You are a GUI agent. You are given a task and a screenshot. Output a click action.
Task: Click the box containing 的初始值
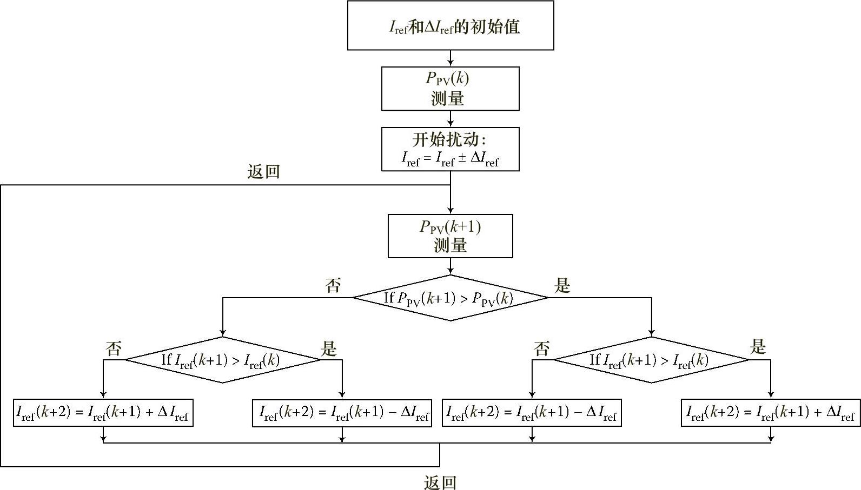pyautogui.click(x=451, y=26)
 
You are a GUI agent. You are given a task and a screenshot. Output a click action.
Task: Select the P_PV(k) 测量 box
pyautogui.click(x=451, y=89)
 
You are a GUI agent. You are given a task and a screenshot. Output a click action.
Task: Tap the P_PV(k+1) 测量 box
pyautogui.click(x=451, y=236)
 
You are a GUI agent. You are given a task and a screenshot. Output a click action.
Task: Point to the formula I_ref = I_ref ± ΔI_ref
pyautogui.click(x=450, y=159)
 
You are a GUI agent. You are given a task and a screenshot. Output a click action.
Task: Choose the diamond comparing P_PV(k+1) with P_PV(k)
pyautogui.click(x=451, y=298)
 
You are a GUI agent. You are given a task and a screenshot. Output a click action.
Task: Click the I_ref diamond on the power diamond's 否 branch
pyautogui.click(x=223, y=360)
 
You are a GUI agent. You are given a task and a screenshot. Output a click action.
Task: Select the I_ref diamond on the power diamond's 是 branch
pyautogui.click(x=651, y=360)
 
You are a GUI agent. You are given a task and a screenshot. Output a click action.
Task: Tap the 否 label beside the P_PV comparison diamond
pyautogui.click(x=333, y=285)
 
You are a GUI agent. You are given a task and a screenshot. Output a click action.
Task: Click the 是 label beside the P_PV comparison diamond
pyautogui.click(x=563, y=285)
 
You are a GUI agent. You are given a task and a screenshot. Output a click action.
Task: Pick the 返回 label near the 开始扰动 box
pyautogui.click(x=263, y=172)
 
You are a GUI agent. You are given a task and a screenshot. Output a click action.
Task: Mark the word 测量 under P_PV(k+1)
pyautogui.click(x=451, y=246)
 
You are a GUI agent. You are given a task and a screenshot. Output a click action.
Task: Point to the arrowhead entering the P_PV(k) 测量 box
pyautogui.click(x=451, y=63)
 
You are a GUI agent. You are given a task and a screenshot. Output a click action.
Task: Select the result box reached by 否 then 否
pyautogui.click(x=103, y=413)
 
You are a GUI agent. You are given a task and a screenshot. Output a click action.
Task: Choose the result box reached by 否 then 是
pyautogui.click(x=342, y=413)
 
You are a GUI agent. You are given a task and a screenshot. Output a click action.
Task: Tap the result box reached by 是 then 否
pyautogui.click(x=532, y=413)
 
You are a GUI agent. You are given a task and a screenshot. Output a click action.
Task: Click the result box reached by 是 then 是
pyautogui.click(x=770, y=413)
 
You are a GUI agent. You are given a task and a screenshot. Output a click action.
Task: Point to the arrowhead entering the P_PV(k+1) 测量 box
pyautogui.click(x=451, y=211)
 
